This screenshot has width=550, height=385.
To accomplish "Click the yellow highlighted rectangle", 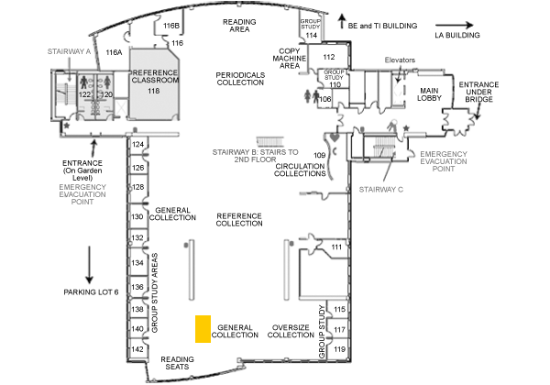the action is pos(203,328).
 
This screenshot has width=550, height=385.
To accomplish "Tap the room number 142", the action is pos(137,349).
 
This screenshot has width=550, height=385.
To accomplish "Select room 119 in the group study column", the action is pos(339,349).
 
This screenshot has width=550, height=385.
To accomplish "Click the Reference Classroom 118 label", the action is pos(154,82).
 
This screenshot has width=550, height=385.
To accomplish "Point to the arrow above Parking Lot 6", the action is pos(89,265).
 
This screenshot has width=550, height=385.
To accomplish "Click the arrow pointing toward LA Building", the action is pos(455,25).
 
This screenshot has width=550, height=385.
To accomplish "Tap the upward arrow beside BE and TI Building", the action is pos(342,21).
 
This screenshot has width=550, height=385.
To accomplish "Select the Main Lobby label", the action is pos(429,94).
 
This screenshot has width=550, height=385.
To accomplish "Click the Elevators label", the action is pos(400,60).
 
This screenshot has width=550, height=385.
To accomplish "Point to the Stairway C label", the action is pos(381,190).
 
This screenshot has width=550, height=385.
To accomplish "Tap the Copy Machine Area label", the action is pos(289,58).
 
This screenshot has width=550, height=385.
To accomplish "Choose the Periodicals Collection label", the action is pos(240,79).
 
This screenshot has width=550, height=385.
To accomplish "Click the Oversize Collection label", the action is pos(291,331).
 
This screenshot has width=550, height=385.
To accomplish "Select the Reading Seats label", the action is pos(177,363).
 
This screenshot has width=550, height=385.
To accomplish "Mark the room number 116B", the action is pos(171,26).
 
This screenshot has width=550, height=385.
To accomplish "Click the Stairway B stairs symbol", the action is pos(269,142).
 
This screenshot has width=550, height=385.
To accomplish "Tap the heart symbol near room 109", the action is pos(335,137).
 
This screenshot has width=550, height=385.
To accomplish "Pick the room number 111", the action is pos(336,247).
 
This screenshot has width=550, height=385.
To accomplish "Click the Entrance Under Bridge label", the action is pos(478,92).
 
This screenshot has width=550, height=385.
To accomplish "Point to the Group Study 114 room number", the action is pos(311,35).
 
